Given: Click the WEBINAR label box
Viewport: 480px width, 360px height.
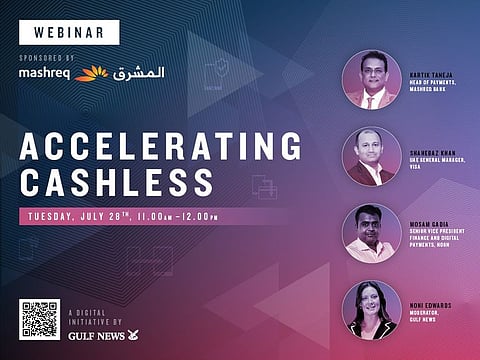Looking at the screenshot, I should click(70, 33).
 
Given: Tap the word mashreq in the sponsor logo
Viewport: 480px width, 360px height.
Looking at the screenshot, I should click(45, 73).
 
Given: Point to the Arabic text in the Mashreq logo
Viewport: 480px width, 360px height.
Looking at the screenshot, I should click(138, 72).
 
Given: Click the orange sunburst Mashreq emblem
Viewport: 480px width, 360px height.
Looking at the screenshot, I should click(91, 73).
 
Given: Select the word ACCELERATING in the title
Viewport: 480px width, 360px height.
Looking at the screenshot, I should click(160, 147).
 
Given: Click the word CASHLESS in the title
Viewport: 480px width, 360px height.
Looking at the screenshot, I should click(116, 182).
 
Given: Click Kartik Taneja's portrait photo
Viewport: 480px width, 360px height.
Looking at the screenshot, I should click(371, 80).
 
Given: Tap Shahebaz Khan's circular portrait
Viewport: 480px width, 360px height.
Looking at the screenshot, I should click(371, 156).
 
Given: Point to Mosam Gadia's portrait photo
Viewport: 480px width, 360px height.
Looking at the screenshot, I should click(371, 233).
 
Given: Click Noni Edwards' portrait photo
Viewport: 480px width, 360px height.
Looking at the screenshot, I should click(371, 310).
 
